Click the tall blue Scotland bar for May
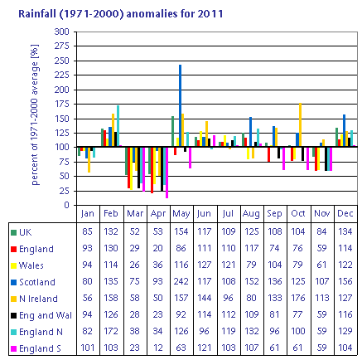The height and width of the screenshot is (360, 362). coord(181,105)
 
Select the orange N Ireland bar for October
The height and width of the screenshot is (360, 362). coord(300,125)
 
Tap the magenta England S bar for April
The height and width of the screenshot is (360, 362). coord(167,173)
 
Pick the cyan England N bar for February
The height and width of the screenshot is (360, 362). coord(118,126)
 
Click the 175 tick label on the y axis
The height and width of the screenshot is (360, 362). coord(62,104)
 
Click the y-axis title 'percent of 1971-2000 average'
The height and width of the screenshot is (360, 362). coord(35,114)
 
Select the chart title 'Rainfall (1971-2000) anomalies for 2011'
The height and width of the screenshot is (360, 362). coord(121,13)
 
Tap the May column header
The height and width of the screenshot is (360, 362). coord(181,213)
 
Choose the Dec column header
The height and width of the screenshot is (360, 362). coord(345,213)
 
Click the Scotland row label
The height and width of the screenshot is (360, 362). coord(37,282)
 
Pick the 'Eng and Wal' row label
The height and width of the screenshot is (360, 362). coord(46,315)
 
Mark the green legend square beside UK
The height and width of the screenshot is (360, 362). coord(13,232)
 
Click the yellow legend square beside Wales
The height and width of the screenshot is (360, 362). coord(13,265)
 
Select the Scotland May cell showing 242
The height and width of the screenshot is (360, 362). coord(181,281)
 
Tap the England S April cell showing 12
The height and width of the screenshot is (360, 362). coord(158,348)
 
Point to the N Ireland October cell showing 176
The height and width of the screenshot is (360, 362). coord(298,298)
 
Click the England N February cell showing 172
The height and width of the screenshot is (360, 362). coord(111,331)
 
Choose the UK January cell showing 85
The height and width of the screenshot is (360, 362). coord(87,231)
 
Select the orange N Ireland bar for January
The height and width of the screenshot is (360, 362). coord(89,160)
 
